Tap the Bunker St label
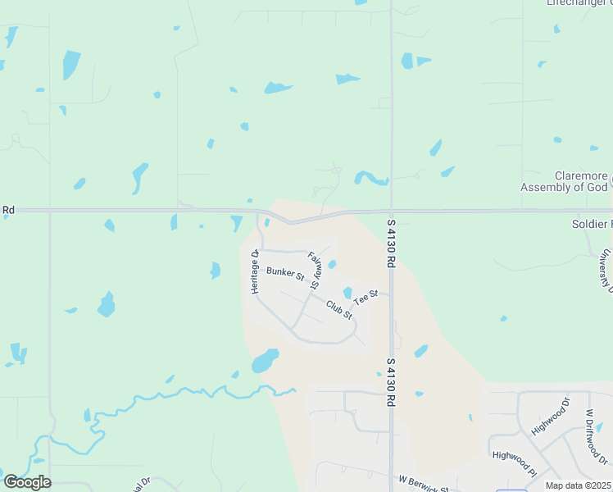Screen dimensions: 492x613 point(285,273)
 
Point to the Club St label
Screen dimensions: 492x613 point(338,309)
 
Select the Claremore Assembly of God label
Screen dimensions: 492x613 point(565,181)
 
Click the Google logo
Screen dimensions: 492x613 point(26,482)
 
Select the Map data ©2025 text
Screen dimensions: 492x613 point(578,485)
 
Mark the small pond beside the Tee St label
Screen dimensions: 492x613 point(347,293)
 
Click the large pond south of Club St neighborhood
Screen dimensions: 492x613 point(265,361)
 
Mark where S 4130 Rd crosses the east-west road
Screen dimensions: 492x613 point(392,211)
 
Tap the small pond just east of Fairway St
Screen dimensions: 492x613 point(332,264)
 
